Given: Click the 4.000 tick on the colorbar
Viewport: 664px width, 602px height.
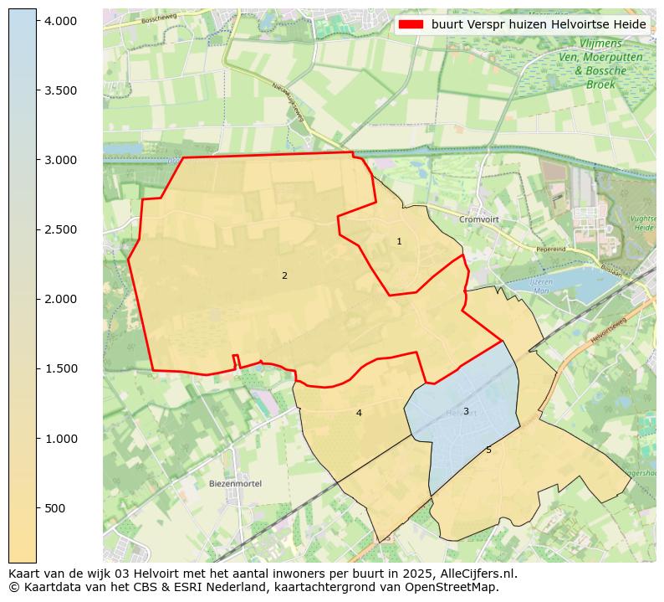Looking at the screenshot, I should (x=60, y=20).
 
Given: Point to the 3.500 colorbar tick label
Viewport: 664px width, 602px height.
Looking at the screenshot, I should (x=60, y=90).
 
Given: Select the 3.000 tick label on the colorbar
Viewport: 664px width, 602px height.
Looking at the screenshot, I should (x=60, y=160).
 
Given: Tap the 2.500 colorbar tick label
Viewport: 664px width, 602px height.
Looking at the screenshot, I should (x=60, y=229).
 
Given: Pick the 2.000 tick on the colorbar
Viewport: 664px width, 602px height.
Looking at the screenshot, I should (x=60, y=299).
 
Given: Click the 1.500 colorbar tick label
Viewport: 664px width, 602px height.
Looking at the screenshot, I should (x=60, y=368).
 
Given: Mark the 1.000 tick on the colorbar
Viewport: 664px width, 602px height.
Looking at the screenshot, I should (x=60, y=439).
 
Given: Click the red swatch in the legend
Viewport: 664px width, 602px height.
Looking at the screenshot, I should (x=411, y=25).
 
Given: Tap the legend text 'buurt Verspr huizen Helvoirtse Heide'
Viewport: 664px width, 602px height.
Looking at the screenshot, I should (x=539, y=25).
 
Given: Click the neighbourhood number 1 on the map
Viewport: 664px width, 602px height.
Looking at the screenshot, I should (x=399, y=241).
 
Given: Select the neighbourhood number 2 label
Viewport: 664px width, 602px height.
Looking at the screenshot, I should (x=284, y=275).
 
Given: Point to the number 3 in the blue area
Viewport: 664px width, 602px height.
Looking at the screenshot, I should (x=466, y=411).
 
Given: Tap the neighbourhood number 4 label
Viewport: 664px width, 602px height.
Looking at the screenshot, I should (x=359, y=413).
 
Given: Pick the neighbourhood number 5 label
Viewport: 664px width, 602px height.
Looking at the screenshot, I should (x=488, y=450).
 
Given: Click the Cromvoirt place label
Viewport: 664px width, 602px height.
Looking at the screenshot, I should (x=478, y=219).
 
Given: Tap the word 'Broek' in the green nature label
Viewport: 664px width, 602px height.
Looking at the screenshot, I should (x=600, y=85).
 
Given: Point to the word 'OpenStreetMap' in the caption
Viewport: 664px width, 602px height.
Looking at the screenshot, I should (x=457, y=587).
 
